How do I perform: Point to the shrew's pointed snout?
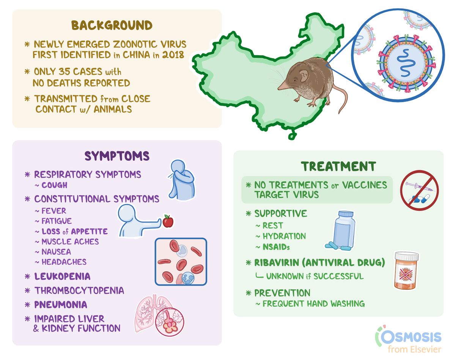(x=280, y=88)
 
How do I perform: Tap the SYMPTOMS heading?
(x=117, y=156)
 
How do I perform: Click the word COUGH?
(x=54, y=185)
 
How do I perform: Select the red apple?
(x=167, y=221)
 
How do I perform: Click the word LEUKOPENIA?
(x=62, y=276)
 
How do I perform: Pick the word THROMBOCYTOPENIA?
(x=79, y=291)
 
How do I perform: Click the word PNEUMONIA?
(x=61, y=305)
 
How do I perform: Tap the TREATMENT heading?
(x=338, y=166)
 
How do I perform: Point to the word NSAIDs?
(x=276, y=247)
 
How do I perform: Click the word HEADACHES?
(x=64, y=262)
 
